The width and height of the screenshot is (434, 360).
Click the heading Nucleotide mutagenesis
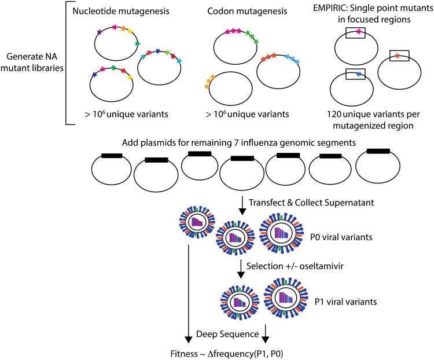coord(121,12)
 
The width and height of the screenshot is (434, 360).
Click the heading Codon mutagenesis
coord(247,12)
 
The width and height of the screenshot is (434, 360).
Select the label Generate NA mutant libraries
coord(32,62)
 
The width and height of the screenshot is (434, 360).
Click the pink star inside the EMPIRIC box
coord(359,32)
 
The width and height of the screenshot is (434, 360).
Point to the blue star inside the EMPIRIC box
coord(359,74)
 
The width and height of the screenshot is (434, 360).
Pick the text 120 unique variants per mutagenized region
coord(373,120)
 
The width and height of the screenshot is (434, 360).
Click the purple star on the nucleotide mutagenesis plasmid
coord(100,32)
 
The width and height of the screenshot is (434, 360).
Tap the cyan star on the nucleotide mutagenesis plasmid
coord(179,61)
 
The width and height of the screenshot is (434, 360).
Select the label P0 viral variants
coord(341,237)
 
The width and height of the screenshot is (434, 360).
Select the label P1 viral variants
coord(345,302)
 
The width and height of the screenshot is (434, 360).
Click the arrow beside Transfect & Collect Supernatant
coord(242,205)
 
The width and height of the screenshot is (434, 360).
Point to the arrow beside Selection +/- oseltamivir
coord(241,269)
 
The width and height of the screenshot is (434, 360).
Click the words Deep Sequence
coord(227,334)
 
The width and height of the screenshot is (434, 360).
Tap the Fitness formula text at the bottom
coord(227,354)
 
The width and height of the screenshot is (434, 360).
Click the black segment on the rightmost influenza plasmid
coord(378,151)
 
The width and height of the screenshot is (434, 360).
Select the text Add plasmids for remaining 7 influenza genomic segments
coord(238,142)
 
